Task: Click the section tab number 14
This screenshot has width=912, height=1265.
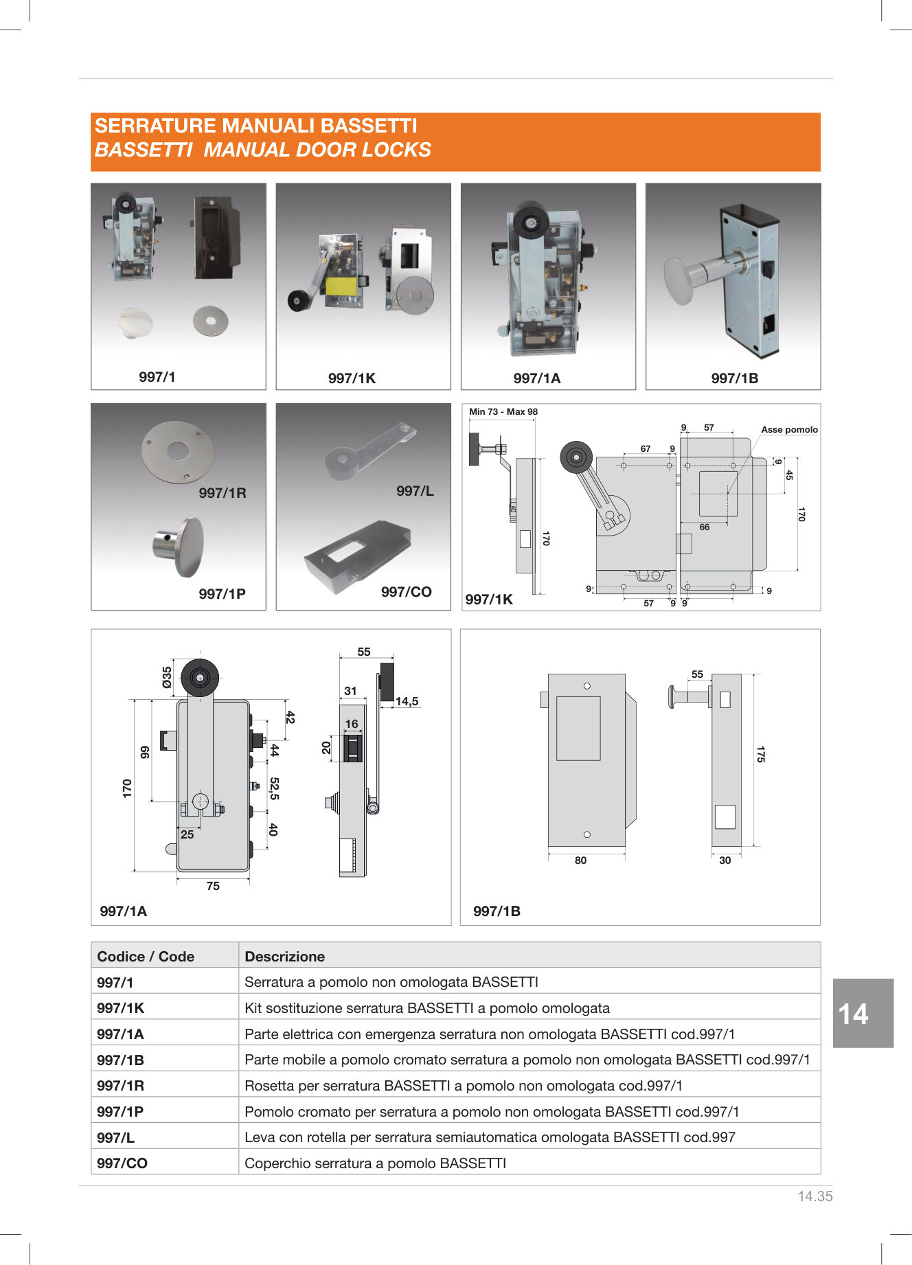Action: (853, 1014)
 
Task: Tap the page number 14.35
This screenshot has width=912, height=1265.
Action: (814, 1196)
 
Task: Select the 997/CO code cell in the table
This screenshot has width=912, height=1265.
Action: (122, 1163)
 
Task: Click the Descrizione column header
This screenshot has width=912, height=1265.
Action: (284, 957)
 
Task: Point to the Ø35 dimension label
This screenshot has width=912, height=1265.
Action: (167, 677)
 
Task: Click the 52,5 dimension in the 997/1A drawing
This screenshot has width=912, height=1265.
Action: (274, 788)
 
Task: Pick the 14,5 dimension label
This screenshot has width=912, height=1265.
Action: (407, 701)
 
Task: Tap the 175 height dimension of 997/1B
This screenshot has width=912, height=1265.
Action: (760, 754)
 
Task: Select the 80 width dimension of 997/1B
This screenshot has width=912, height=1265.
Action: (580, 861)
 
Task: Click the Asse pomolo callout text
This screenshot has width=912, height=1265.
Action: (789, 430)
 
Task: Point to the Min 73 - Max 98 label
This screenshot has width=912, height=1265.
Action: (503, 412)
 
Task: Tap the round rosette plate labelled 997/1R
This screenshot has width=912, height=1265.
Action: (177, 451)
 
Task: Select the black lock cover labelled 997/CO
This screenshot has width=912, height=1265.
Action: (357, 556)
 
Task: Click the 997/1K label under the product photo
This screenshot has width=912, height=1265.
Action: (352, 378)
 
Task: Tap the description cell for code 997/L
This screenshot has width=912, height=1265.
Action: (490, 1137)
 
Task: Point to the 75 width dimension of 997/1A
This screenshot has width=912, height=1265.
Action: (213, 887)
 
